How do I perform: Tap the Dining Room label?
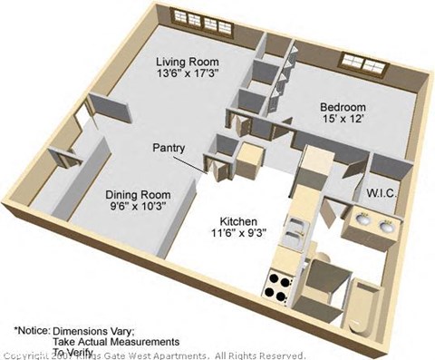[138, 194]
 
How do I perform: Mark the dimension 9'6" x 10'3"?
[138, 208]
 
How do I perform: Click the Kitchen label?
[237, 221]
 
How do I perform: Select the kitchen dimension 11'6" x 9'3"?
[237, 235]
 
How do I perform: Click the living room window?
[205, 21]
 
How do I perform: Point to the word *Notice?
[31, 330]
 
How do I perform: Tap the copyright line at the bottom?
[154, 355]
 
